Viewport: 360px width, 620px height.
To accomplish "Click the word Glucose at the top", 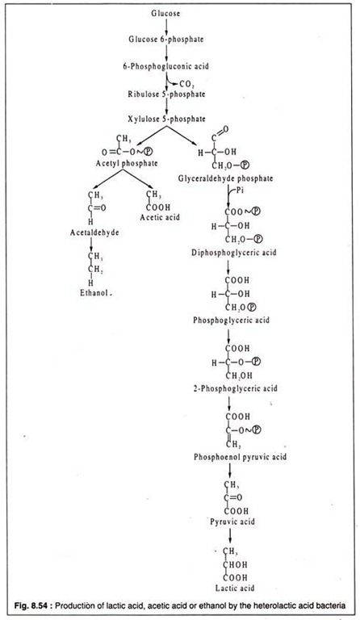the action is click(165, 14).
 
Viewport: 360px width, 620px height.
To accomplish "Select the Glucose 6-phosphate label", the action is click(166, 39).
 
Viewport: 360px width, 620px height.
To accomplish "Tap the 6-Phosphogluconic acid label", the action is click(165, 66).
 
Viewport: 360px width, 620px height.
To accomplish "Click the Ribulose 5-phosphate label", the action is click(166, 94).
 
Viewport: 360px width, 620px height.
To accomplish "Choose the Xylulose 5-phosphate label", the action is click(166, 119).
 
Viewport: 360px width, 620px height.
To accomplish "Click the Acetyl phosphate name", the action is click(127, 163).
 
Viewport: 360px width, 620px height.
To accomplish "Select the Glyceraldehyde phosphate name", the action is click(226, 178).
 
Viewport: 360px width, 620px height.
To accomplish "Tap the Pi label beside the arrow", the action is click(241, 191).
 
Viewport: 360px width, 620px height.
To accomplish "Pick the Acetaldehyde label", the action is click(94, 232).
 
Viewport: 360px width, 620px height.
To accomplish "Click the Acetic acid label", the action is click(160, 217).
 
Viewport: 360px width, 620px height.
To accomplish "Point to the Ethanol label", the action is click(94, 293).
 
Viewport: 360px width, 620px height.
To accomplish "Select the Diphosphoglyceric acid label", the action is click(234, 252).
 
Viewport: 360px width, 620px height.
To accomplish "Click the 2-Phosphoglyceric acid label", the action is click(235, 388).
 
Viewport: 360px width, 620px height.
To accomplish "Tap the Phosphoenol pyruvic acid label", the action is click(241, 457).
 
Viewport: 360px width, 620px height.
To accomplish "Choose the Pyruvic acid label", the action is click(232, 522).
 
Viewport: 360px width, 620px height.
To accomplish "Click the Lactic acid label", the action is click(235, 588).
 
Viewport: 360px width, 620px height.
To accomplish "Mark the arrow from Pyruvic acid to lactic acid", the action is click(230, 536).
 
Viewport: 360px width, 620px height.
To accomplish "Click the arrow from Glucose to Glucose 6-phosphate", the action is click(166, 27).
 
